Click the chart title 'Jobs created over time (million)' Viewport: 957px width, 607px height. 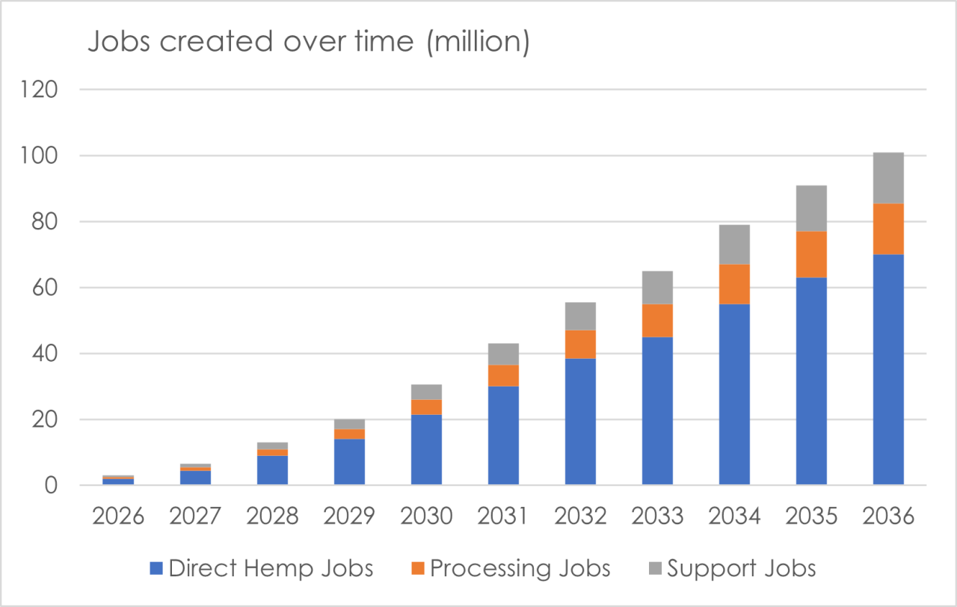pyautogui.click(x=309, y=42)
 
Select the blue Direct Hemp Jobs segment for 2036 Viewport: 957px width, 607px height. pyautogui.click(x=888, y=369)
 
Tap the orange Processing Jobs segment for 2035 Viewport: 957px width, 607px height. pyautogui.click(x=811, y=255)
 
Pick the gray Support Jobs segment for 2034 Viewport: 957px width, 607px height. pyautogui.click(x=734, y=244)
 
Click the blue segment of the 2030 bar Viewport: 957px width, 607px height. pyautogui.click(x=426, y=449)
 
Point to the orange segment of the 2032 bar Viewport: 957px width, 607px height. pyautogui.click(x=580, y=345)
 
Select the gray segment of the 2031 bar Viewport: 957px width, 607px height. pyautogui.click(x=503, y=354)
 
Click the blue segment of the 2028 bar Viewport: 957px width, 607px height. pyautogui.click(x=273, y=470)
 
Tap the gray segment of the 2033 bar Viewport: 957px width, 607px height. pyautogui.click(x=657, y=288)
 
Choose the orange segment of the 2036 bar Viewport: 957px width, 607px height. pyautogui.click(x=888, y=229)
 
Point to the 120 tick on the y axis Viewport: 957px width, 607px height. pyautogui.click(x=39, y=90)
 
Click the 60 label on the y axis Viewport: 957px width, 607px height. pyautogui.click(x=44, y=288)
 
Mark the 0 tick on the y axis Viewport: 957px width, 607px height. pyautogui.click(x=51, y=486)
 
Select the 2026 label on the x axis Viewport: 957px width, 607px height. pyautogui.click(x=118, y=516)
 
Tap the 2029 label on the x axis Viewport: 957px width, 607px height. pyautogui.click(x=349, y=516)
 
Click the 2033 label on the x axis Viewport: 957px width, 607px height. pyautogui.click(x=657, y=516)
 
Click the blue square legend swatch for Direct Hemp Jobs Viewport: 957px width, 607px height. pyautogui.click(x=156, y=568)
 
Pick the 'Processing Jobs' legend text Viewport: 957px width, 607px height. pyautogui.click(x=520, y=569)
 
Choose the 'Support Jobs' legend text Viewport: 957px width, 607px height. pyautogui.click(x=741, y=569)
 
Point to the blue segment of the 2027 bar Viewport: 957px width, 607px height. pyautogui.click(x=195, y=478)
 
